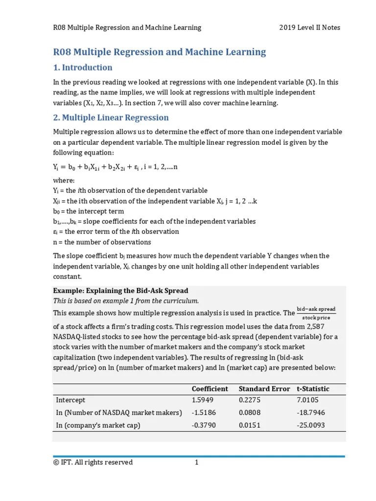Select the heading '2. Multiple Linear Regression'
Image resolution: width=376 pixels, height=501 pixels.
coord(111,117)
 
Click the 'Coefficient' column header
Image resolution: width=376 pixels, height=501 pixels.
coord(210,388)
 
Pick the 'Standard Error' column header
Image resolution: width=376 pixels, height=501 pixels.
coord(264,388)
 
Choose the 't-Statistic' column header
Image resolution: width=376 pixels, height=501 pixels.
coord(313,388)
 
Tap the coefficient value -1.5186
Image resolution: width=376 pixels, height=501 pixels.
coord(204,412)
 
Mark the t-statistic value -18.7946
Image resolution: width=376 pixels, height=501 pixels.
coord(311,412)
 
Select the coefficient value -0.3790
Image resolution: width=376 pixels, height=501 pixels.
coord(204,425)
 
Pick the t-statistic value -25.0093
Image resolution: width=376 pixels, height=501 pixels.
coord(311,425)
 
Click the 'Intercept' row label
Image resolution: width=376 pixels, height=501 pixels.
coord(70,400)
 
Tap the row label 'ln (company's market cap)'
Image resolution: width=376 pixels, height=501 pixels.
coord(98,425)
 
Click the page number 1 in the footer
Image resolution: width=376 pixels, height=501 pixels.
coord(196,462)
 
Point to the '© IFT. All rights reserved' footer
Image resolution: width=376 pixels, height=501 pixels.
coord(93,462)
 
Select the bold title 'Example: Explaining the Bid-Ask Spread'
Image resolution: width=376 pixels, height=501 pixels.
coord(120,291)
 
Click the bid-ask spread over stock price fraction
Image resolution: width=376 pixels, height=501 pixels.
coord(316,313)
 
